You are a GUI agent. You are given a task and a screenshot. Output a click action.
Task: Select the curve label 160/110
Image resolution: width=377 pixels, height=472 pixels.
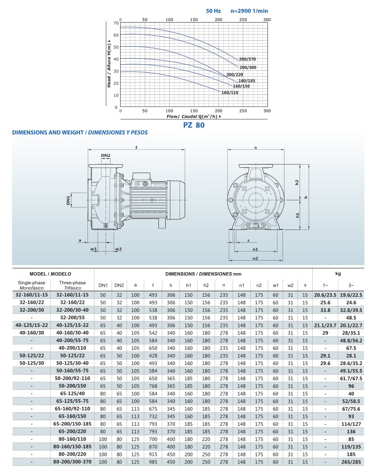[x=230, y=92]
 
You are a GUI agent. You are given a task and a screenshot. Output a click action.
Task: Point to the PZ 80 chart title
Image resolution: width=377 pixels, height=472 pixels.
[x=194, y=126]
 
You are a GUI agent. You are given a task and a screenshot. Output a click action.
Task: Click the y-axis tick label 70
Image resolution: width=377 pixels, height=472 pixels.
[x=115, y=23]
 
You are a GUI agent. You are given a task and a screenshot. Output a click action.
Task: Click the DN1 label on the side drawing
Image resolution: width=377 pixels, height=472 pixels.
[x=69, y=201]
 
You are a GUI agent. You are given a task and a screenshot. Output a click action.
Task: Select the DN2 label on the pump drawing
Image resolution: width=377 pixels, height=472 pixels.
[x=105, y=155]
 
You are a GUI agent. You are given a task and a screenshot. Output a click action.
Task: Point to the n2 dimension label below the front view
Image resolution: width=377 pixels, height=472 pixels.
[x=255, y=258]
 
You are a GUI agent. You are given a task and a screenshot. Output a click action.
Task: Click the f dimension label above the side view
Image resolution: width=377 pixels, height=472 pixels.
[x=137, y=147]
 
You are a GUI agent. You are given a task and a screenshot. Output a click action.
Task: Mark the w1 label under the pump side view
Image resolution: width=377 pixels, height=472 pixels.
[x=93, y=249]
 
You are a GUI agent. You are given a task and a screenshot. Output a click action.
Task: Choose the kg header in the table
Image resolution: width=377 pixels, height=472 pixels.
[x=338, y=273]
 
